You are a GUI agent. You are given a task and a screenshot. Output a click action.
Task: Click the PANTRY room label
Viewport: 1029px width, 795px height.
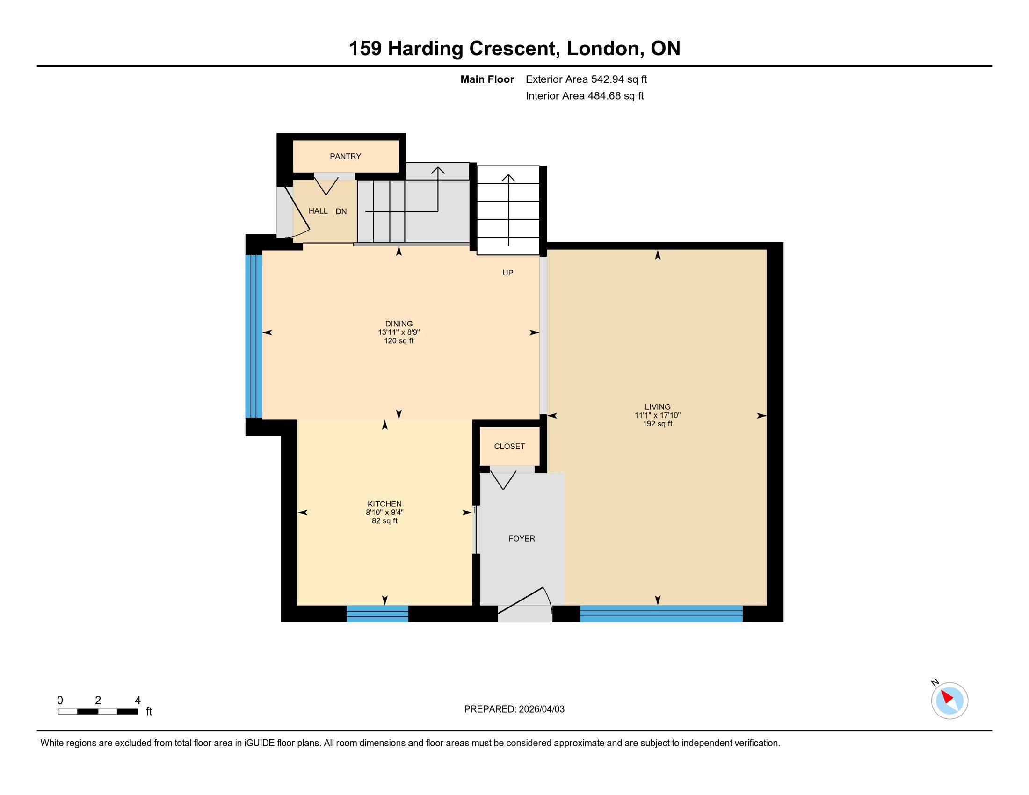pyautogui.click(x=345, y=156)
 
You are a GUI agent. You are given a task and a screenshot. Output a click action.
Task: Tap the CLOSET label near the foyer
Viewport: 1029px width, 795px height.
pyautogui.click(x=509, y=447)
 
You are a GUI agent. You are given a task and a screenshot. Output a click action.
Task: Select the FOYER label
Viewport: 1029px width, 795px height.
pyautogui.click(x=522, y=539)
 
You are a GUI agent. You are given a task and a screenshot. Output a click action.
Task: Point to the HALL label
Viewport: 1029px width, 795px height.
pyautogui.click(x=318, y=211)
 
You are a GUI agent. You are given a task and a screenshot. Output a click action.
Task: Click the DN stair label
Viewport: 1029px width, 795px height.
pyautogui.click(x=341, y=211)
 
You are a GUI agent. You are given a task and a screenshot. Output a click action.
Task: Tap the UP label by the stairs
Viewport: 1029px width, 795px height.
pyautogui.click(x=508, y=273)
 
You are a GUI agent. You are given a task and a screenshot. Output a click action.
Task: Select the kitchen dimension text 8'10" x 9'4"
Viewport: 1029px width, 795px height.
pyautogui.click(x=384, y=513)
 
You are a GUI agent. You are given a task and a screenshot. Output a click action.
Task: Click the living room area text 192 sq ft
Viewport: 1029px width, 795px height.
pyautogui.click(x=658, y=424)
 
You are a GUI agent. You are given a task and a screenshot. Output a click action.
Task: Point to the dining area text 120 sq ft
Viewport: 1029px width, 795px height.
pyautogui.click(x=399, y=341)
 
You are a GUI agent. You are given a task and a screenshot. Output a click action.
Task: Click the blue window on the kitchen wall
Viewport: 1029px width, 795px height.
pyautogui.click(x=377, y=614)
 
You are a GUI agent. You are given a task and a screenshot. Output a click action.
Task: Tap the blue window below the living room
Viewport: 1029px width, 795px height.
pyautogui.click(x=661, y=614)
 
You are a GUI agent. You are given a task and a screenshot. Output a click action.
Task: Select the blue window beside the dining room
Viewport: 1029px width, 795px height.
pyautogui.click(x=254, y=336)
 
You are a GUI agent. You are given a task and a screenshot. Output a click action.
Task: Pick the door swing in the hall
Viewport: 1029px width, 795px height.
pyautogui.click(x=298, y=211)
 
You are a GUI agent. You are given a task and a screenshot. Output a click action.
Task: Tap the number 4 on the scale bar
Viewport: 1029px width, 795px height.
pyautogui.click(x=138, y=701)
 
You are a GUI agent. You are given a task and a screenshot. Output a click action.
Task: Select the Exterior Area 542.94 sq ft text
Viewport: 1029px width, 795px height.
pyautogui.click(x=586, y=79)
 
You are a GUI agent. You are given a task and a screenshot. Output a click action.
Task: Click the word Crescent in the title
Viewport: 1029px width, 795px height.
pyautogui.click(x=513, y=49)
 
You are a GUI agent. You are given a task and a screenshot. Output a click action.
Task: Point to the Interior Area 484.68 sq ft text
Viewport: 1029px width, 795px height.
pyautogui.click(x=585, y=96)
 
